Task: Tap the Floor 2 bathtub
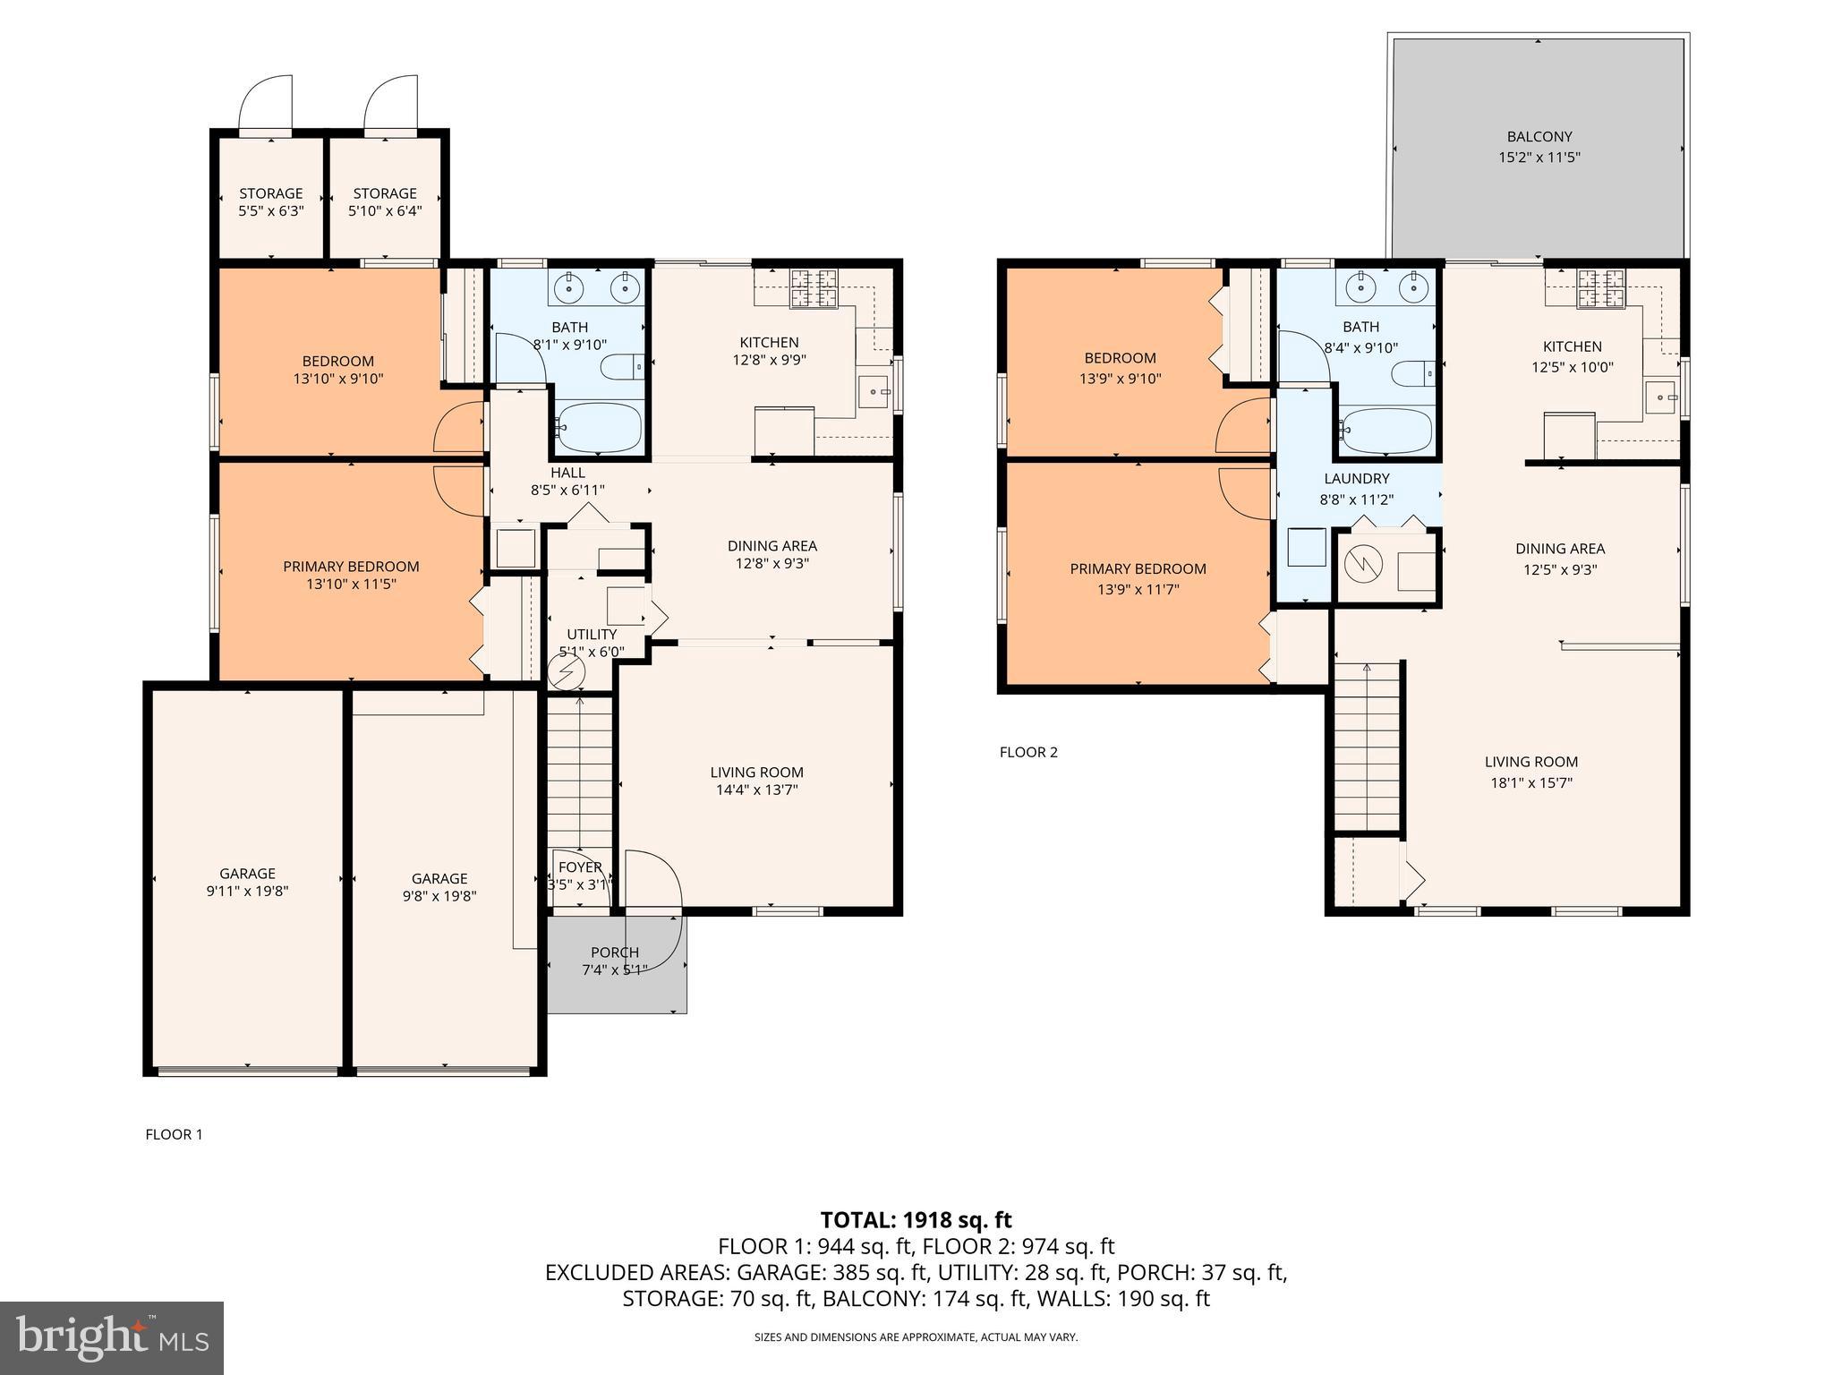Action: pyautogui.click(x=1385, y=431)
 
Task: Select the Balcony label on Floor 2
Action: pyautogui.click(x=1539, y=137)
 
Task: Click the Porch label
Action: pyautogui.click(x=615, y=952)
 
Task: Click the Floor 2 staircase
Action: pyautogui.click(x=1367, y=747)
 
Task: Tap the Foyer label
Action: pyautogui.click(x=580, y=867)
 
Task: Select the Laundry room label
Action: pyautogui.click(x=1357, y=479)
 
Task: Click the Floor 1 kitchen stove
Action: pyautogui.click(x=813, y=288)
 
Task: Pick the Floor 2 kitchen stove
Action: pyautogui.click(x=1600, y=288)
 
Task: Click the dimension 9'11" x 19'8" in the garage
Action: pyautogui.click(x=247, y=892)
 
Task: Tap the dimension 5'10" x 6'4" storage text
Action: pyautogui.click(x=385, y=211)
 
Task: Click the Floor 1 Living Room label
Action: pyautogui.click(x=757, y=773)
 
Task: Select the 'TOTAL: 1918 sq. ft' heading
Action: pyautogui.click(x=916, y=1219)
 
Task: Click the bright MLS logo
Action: pyautogui.click(x=112, y=1338)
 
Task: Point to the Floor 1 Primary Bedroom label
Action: pyautogui.click(x=351, y=567)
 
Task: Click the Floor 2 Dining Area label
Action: pyautogui.click(x=1560, y=549)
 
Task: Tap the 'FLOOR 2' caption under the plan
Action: pyautogui.click(x=1028, y=752)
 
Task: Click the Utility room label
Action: pyautogui.click(x=592, y=635)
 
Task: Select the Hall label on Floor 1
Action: pyautogui.click(x=567, y=473)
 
